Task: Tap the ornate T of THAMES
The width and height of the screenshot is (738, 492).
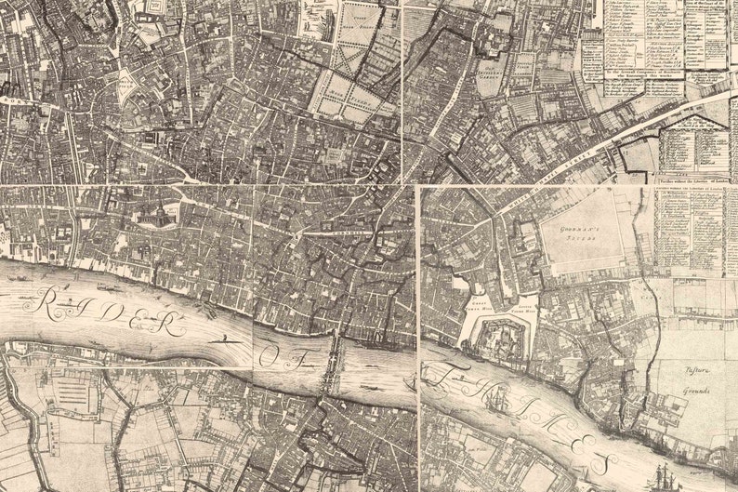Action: tap(441, 376)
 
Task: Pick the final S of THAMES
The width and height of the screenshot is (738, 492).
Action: tap(600, 462)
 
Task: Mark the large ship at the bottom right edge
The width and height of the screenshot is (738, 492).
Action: tap(666, 476)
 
